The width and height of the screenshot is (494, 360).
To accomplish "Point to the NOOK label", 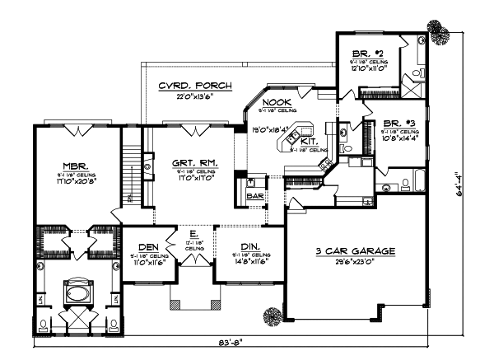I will coord(274,101).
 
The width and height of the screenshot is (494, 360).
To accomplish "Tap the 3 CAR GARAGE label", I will coord(356,250).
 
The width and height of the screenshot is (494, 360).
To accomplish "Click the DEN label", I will coord(148,245).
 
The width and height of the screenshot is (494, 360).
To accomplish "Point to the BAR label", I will coord(254,196).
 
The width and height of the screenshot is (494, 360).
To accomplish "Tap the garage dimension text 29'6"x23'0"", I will coord(356,261).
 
